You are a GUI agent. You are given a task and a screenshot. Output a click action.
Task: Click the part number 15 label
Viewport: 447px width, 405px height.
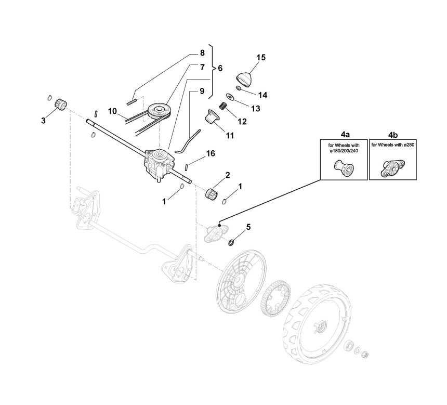tap(261, 58)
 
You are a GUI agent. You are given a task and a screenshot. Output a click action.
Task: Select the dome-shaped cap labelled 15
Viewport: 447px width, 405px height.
tap(246, 79)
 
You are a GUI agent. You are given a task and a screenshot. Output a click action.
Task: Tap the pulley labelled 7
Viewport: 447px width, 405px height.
tap(159, 110)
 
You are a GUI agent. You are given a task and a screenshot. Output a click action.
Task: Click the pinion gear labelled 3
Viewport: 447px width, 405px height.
tap(59, 104)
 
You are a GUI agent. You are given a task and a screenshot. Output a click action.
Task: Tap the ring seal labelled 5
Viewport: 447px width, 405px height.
tap(230, 241)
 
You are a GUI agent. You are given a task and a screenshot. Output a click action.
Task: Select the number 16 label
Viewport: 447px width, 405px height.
tap(211, 153)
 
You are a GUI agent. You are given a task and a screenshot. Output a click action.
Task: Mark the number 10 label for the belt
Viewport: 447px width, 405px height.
tap(113, 111)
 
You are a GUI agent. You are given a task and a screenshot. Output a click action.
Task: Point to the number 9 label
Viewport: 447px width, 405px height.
tap(202, 92)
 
